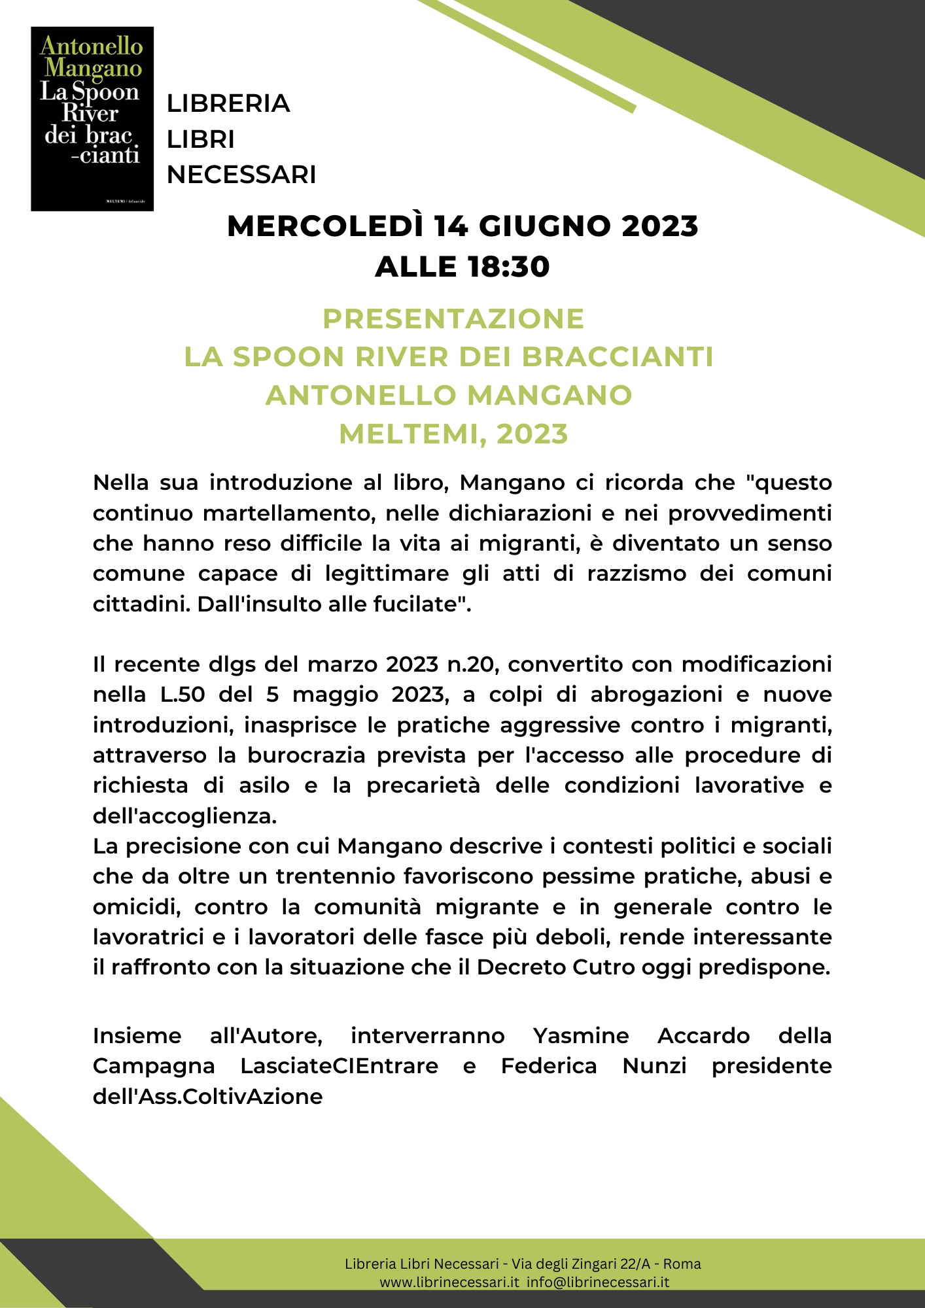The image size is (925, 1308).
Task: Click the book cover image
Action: tap(92, 118)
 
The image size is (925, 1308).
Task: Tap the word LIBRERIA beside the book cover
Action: tap(228, 103)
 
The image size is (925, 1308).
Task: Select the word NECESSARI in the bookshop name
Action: tap(241, 175)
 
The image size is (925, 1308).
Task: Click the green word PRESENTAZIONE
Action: tap(453, 318)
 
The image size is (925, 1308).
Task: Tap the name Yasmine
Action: tap(581, 1036)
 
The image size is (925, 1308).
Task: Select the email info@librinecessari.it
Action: tap(598, 1282)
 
